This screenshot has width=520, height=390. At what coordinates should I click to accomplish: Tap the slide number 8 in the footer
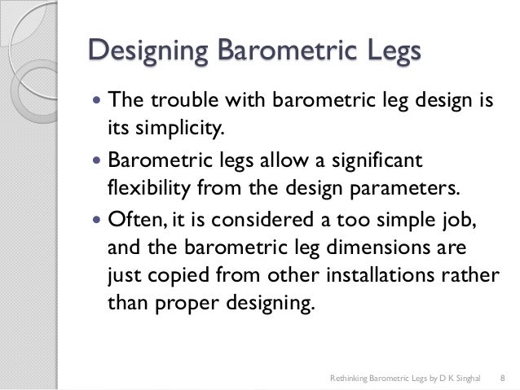point(502,378)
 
